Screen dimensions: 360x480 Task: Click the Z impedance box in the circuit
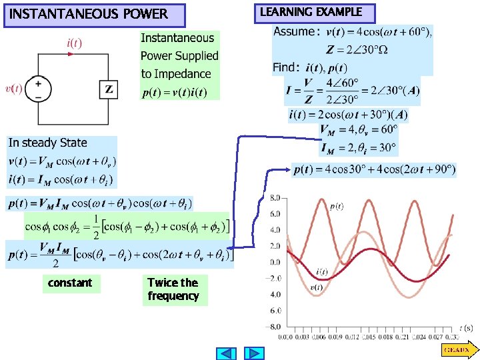pyautogui.click(x=109, y=89)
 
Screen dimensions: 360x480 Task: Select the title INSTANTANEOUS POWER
pyautogui.click(x=89, y=15)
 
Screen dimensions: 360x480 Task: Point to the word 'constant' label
pyautogui.click(x=70, y=283)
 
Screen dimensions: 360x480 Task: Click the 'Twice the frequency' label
pyautogui.click(x=173, y=289)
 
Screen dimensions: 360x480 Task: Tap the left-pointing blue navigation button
pyautogui.click(x=227, y=353)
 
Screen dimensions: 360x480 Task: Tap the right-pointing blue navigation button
pyautogui.click(x=254, y=353)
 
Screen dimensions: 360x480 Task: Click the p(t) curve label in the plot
pyautogui.click(x=337, y=207)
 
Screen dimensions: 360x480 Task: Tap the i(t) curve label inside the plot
pyautogui.click(x=321, y=271)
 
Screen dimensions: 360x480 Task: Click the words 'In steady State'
pyautogui.click(x=47, y=143)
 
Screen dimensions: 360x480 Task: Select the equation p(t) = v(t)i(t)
pyautogui.click(x=175, y=92)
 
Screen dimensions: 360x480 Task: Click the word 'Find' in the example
pyautogui.click(x=285, y=67)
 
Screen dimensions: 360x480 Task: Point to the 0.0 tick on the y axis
pyautogui.click(x=275, y=262)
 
